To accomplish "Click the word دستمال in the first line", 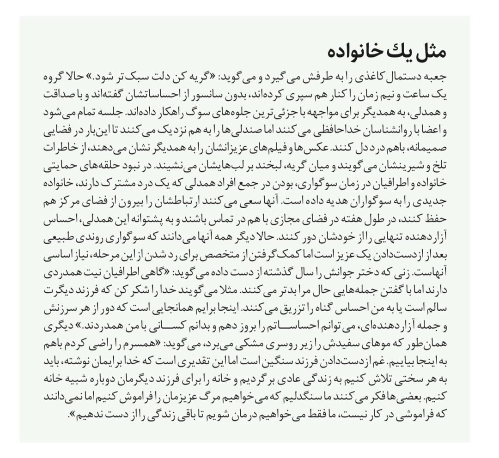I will click(403, 76).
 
